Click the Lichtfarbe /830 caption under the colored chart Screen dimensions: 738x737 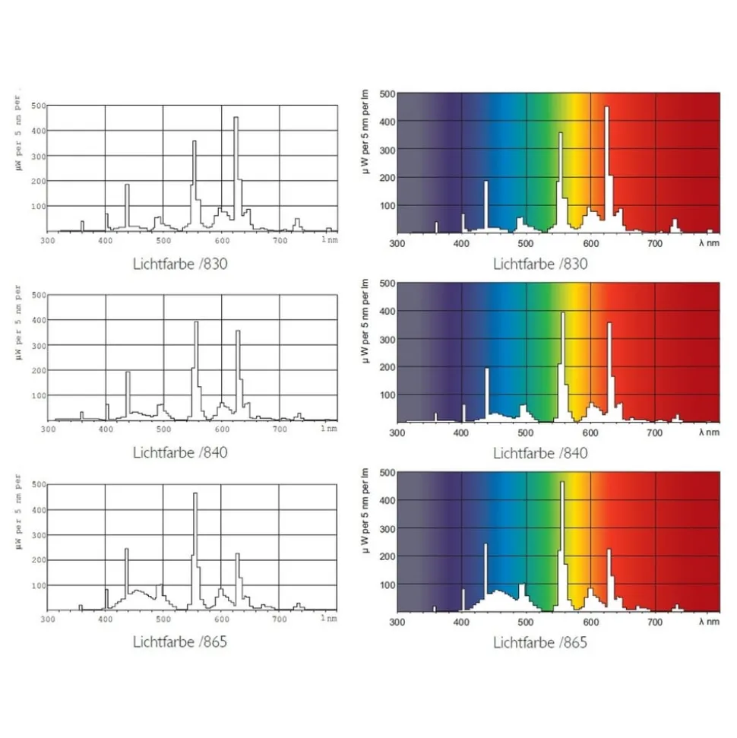click(540, 264)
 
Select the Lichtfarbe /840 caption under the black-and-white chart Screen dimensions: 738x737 click(180, 454)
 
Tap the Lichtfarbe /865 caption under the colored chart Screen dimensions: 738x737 click(540, 643)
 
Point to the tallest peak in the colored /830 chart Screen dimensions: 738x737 click(606, 108)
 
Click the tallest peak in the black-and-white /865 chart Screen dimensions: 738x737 click(195, 494)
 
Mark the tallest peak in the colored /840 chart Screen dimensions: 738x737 click(563, 313)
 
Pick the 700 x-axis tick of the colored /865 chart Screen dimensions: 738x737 click(655, 622)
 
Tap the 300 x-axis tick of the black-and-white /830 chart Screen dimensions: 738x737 click(48, 240)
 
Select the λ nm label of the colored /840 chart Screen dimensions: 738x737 click(707, 432)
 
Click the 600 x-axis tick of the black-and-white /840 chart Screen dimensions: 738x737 click(222, 429)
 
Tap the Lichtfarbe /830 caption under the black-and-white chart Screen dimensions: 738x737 click(180, 264)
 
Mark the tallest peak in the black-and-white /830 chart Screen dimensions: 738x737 click(236, 118)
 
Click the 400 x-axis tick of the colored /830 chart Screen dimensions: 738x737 click(461, 243)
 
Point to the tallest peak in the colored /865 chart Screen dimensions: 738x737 click(562, 483)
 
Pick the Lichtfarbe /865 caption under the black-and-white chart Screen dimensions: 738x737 click(180, 642)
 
